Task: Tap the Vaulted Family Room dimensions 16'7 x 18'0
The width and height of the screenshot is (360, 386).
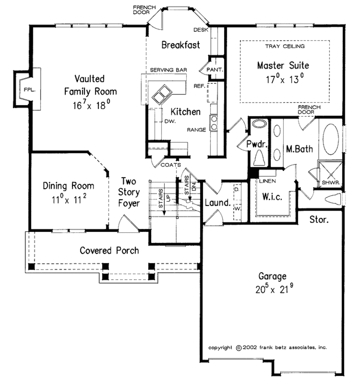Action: coord(90,105)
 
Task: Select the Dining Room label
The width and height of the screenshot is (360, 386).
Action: coord(69,186)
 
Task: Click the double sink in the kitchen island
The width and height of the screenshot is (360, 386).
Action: coord(161,94)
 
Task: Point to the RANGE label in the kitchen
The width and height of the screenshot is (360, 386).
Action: coord(197,130)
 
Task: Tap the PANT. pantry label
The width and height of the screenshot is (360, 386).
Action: coord(214,70)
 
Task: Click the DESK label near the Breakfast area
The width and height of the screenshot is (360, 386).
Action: coord(203,30)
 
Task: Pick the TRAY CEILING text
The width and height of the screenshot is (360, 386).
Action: coord(285,46)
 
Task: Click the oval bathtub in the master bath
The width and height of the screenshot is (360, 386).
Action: coord(330,140)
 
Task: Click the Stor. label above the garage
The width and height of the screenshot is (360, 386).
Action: coord(319,220)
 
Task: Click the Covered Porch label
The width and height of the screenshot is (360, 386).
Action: coord(109,250)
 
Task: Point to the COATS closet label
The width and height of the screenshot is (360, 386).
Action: coord(171,165)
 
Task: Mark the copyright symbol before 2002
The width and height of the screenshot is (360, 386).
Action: coord(238,347)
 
